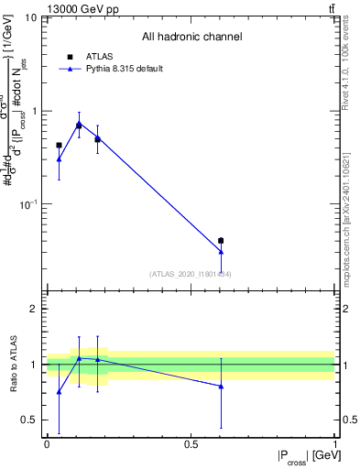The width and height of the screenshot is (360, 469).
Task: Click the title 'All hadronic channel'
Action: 191,37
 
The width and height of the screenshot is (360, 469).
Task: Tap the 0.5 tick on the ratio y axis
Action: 30,420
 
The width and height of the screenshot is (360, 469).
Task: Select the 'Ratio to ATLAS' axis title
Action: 13,365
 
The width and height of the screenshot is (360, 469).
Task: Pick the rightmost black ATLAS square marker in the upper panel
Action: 221,241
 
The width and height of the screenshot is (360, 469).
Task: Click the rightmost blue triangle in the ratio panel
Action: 221,387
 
